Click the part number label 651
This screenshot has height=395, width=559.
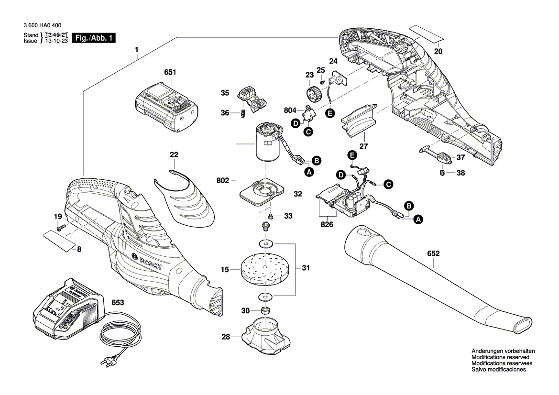[170, 73]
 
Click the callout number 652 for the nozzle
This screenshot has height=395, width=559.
[433, 253]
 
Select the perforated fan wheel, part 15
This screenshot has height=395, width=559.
[263, 269]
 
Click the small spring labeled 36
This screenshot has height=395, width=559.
[243, 113]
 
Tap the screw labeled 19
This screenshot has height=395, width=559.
[59, 228]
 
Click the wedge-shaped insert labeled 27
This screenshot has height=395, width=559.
[359, 118]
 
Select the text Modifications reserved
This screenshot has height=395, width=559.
[500, 357]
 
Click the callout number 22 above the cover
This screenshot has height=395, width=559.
[174, 154]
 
